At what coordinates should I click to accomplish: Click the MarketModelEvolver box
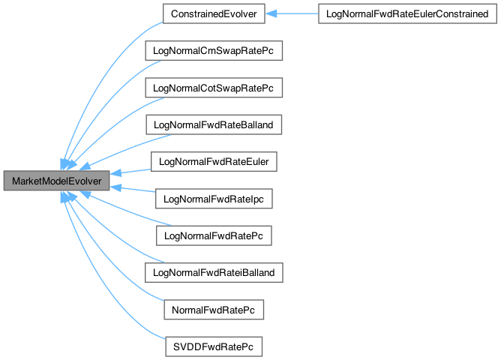point(56,181)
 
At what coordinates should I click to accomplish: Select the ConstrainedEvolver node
point(213,13)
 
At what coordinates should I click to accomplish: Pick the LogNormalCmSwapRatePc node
point(213,51)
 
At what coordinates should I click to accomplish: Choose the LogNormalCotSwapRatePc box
point(213,88)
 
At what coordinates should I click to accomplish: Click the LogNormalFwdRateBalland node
point(213,124)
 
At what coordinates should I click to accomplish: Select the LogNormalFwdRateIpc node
point(213,199)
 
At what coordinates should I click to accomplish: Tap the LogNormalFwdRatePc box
point(213,235)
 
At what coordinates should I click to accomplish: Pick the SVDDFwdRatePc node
point(213,346)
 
